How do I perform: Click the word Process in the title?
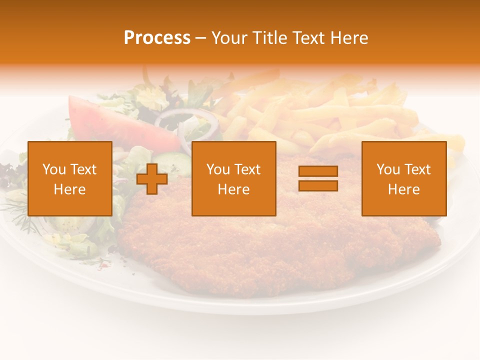[157, 38]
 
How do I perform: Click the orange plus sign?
[152, 179]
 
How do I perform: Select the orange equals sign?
[318, 178]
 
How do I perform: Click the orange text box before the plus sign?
[70, 178]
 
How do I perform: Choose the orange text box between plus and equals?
[233, 178]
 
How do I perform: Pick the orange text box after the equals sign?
[403, 178]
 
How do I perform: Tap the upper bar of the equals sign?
[318, 171]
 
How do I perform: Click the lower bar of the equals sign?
[318, 185]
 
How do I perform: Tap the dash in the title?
[201, 38]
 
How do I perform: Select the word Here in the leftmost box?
[70, 189]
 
